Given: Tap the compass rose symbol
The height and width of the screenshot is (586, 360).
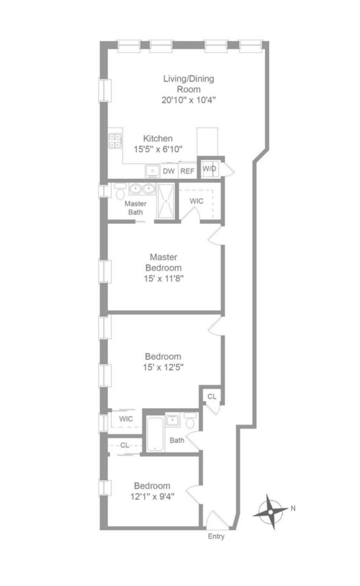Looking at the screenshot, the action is click(x=271, y=512).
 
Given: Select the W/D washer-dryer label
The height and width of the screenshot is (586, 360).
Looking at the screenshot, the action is click(x=209, y=169).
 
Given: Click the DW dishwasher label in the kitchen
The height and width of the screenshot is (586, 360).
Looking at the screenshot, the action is click(x=168, y=171).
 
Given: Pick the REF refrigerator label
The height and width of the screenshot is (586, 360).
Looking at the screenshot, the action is click(x=187, y=171).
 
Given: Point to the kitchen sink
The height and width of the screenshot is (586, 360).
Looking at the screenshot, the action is click(x=153, y=171).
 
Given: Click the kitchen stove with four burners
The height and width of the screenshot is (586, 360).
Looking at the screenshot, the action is click(x=115, y=141).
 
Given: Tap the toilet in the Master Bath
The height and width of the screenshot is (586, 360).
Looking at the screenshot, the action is click(x=120, y=191).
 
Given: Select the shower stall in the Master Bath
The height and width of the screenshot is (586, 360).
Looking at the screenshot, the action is click(x=166, y=201).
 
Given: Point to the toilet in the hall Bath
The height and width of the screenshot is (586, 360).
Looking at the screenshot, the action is click(x=190, y=420).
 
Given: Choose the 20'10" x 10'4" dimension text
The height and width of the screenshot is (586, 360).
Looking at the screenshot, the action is click(x=189, y=100).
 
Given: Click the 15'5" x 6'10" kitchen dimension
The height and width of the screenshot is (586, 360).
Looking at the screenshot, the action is click(x=158, y=149).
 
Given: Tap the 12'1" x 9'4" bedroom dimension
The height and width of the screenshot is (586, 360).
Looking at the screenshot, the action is click(x=152, y=496).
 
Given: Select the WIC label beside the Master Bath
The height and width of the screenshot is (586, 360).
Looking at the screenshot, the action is click(x=196, y=201).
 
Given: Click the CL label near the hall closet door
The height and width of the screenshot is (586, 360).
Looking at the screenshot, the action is click(x=212, y=397).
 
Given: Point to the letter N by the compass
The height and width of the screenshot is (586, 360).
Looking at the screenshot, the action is click(x=293, y=508).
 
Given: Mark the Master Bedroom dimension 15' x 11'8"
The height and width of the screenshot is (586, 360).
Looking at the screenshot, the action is click(x=163, y=279).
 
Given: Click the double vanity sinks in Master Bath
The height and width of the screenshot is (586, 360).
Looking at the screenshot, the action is click(x=142, y=189).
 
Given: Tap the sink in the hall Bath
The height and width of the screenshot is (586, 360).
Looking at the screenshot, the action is click(x=172, y=420).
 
